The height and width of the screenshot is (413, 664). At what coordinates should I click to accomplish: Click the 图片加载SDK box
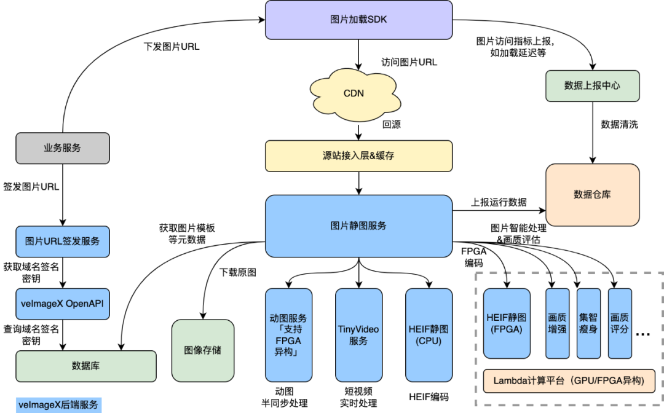(358, 20)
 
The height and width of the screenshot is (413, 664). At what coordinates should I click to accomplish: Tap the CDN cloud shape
(354, 93)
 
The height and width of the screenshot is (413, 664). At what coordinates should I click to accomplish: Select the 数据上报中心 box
(592, 86)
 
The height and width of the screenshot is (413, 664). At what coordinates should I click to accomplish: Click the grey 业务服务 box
(62, 148)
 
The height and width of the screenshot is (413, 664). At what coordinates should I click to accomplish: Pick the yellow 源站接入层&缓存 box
(358, 155)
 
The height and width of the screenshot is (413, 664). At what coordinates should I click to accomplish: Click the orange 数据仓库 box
(592, 195)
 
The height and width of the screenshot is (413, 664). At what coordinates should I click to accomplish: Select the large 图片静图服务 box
(358, 226)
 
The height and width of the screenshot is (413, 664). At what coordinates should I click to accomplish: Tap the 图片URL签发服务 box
(62, 241)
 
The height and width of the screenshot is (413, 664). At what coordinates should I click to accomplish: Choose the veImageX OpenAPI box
(62, 304)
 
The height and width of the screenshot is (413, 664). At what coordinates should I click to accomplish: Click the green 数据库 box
(85, 366)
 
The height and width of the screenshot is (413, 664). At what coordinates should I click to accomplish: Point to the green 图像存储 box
(203, 350)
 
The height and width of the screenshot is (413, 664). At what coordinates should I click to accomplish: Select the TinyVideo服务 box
(358, 335)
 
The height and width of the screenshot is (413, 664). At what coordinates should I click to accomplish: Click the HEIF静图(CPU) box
(429, 335)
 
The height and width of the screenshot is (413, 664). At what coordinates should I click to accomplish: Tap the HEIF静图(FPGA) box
(507, 323)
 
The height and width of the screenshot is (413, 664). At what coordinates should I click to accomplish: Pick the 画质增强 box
(557, 323)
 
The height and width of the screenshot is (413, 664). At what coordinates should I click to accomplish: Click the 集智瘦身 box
(588, 323)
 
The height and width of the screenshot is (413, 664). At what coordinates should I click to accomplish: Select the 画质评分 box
(620, 323)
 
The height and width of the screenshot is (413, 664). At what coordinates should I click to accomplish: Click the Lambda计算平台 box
(569, 381)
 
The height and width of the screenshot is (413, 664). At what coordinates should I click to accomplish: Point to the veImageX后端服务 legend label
(58, 405)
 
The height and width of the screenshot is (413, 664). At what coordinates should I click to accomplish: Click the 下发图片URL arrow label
(172, 46)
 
